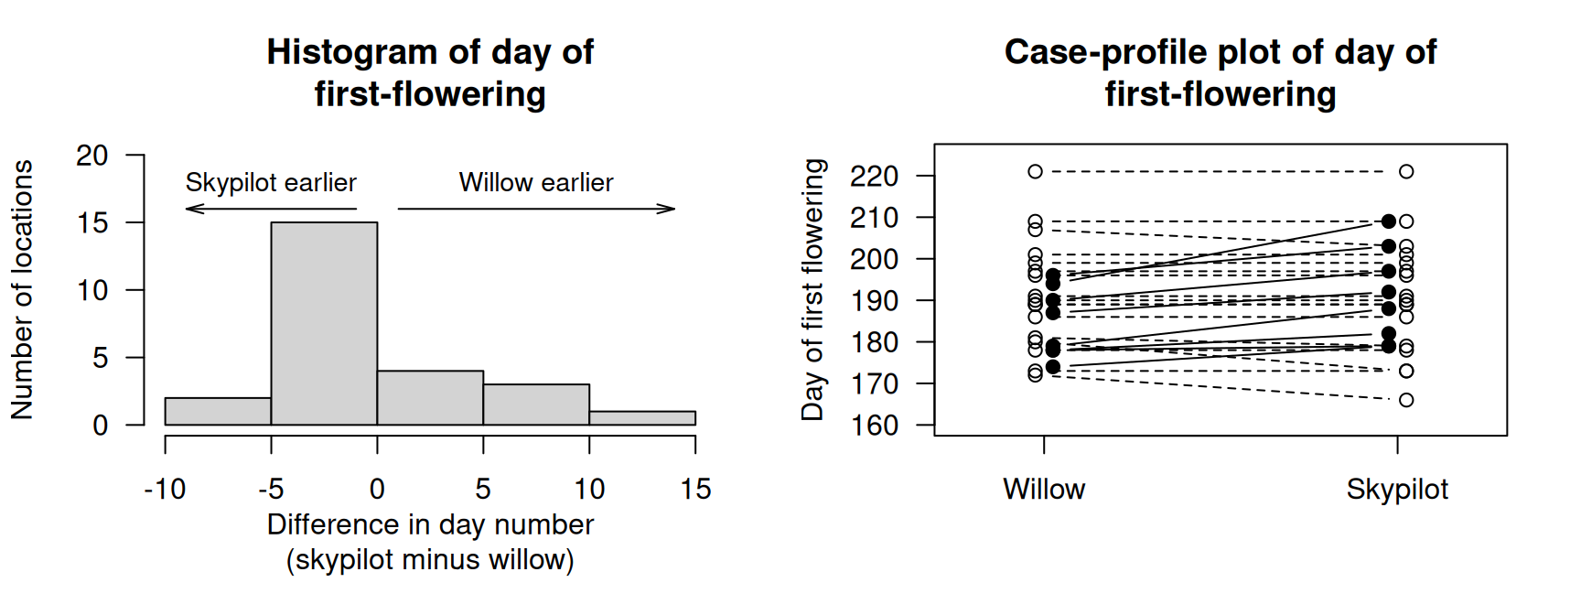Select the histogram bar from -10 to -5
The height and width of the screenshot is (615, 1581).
[218, 411]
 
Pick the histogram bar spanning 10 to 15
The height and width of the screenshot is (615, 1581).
[642, 418]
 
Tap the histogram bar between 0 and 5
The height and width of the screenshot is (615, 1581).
[430, 397]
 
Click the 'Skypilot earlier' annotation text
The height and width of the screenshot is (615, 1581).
[271, 182]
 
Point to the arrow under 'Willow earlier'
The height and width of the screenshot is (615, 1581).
[536, 209]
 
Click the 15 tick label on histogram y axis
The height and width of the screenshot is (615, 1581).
[92, 222]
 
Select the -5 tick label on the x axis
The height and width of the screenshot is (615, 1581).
[271, 489]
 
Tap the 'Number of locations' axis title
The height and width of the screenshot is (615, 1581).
[22, 289]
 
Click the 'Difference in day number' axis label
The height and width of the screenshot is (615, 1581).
[430, 524]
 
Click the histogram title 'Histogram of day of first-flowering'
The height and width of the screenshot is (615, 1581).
[430, 72]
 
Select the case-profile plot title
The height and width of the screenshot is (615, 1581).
[1220, 72]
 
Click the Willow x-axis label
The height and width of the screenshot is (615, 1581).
[1044, 489]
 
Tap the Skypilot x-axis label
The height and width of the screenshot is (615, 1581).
[1397, 489]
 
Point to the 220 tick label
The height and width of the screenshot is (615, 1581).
[874, 176]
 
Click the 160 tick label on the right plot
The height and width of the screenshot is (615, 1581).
[874, 426]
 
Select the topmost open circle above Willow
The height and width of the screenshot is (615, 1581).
[1035, 171]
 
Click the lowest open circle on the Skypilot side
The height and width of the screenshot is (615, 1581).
[1406, 400]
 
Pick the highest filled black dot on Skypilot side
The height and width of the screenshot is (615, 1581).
[1389, 221]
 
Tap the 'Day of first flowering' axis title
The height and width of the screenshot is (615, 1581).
[812, 289]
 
